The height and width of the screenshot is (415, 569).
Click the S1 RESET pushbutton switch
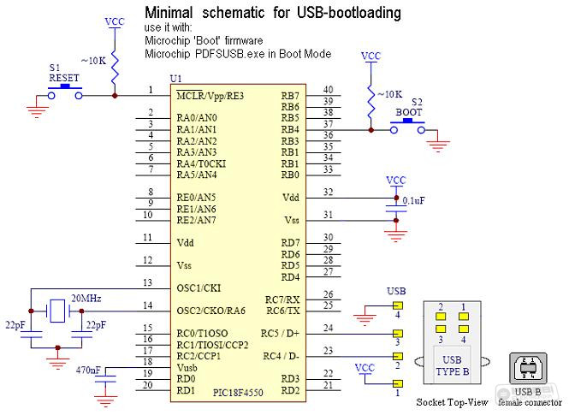click(65, 92)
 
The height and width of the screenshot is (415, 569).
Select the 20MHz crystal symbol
click(57, 311)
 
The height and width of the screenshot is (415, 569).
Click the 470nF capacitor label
click(88, 371)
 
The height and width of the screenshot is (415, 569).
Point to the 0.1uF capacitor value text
click(413, 200)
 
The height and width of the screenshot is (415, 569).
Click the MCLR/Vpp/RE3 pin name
click(210, 96)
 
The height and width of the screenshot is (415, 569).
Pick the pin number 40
click(328, 90)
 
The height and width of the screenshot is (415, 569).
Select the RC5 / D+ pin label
click(280, 334)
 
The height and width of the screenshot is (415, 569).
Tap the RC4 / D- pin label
click(282, 356)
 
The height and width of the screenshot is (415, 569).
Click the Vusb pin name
click(187, 368)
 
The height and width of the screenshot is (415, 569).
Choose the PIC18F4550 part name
click(238, 393)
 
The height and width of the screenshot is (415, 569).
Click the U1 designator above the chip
click(176, 79)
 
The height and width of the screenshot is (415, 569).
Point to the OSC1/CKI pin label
click(199, 288)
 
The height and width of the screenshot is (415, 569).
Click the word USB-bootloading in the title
click(349, 13)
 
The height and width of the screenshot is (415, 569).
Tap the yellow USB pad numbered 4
click(398, 305)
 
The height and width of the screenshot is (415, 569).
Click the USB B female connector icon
click(528, 368)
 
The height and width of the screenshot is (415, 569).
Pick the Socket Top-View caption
click(452, 402)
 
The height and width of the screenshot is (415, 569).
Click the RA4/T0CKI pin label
click(201, 163)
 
